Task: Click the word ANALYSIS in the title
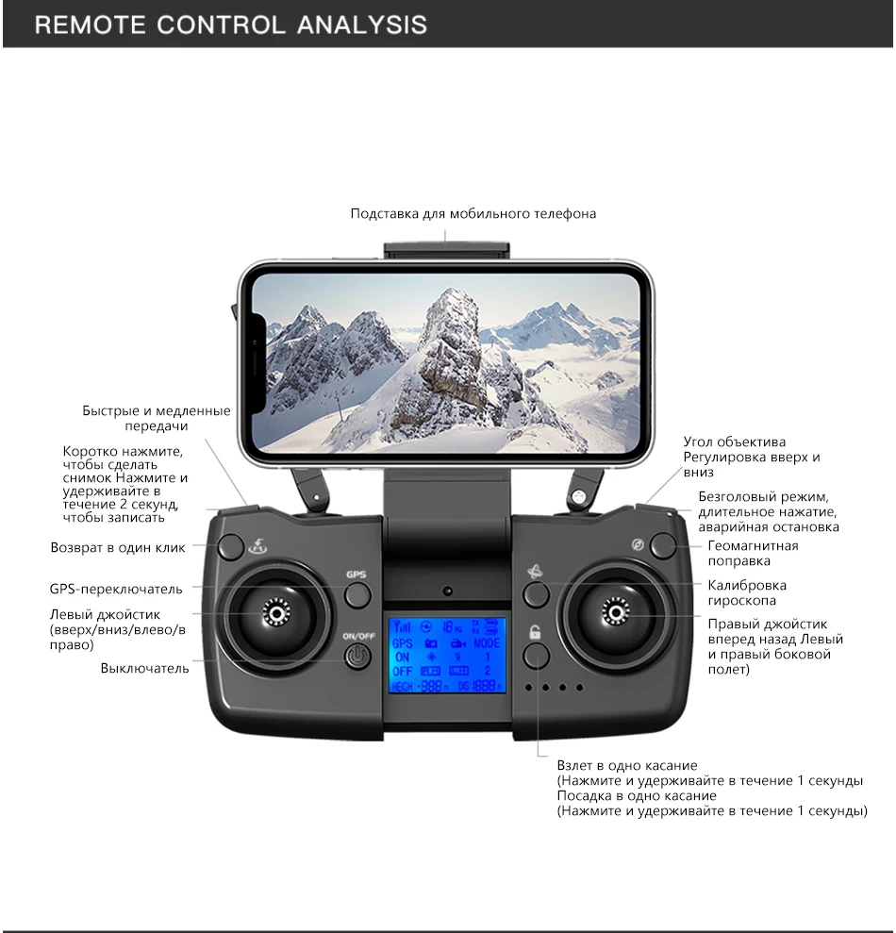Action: pos(362,24)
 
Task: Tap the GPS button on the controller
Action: pos(357,594)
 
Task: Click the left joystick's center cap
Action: pos(276,614)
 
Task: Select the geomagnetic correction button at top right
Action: pos(664,545)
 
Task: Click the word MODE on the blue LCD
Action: pos(487,642)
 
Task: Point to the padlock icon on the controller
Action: pos(535,633)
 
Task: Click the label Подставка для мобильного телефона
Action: pos(473,214)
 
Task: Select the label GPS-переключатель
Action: pos(116,590)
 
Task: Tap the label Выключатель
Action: pos(144,669)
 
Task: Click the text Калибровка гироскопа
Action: pos(747,592)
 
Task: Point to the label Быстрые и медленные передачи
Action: pos(156,418)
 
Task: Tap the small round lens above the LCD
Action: pos(447,591)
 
